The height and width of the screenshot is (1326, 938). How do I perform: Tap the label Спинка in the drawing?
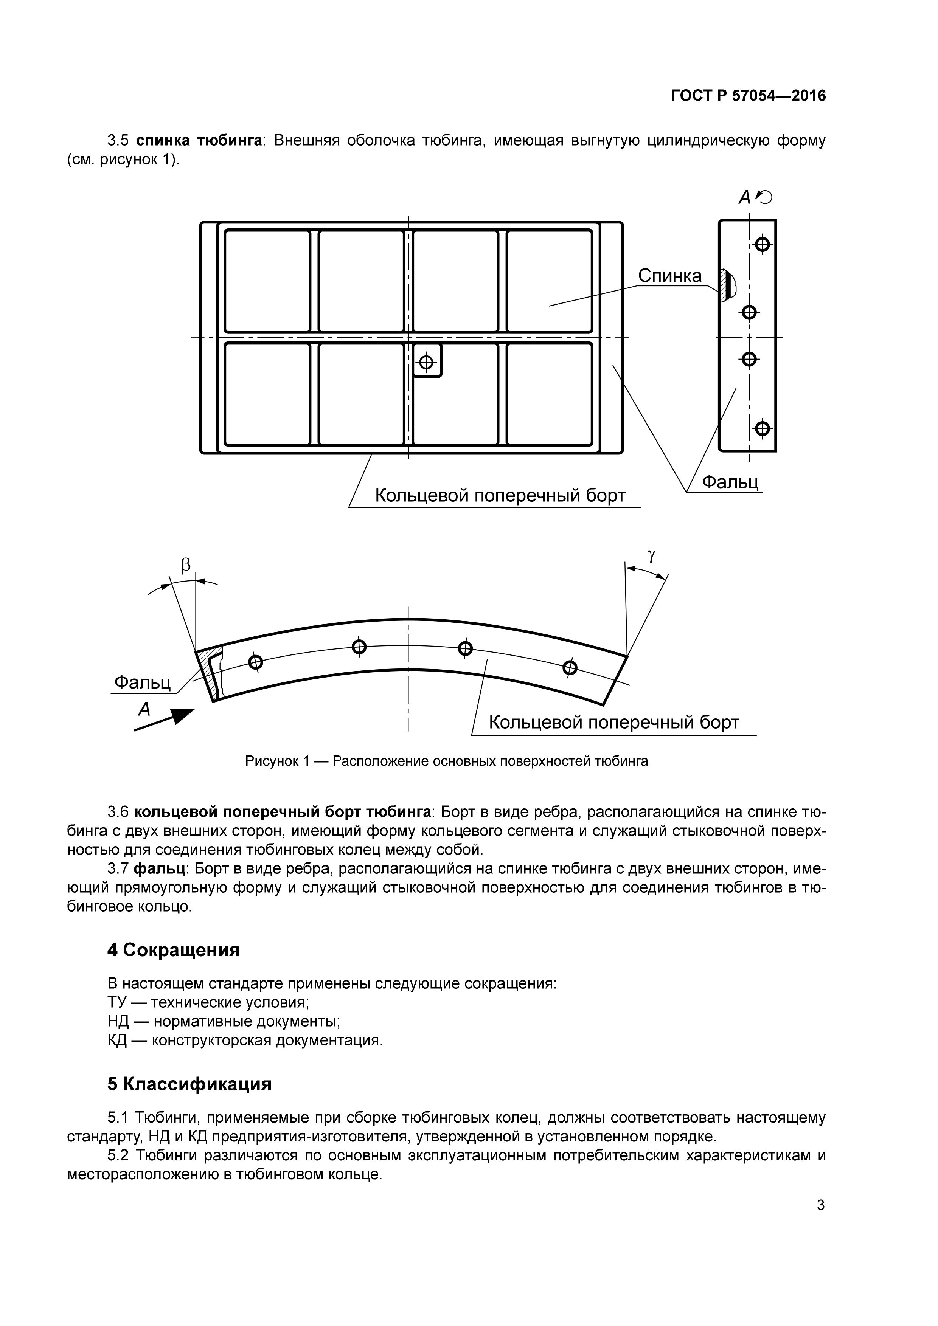click(x=669, y=276)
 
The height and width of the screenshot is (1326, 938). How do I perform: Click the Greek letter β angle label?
click(x=185, y=565)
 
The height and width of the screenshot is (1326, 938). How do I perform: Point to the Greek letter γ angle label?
click(x=652, y=555)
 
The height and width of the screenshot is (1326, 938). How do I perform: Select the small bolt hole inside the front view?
click(x=426, y=362)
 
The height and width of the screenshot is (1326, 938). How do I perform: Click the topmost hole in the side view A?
click(x=763, y=244)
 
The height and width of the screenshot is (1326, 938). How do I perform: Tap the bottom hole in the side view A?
click(x=763, y=428)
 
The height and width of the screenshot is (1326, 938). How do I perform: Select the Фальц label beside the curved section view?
click(x=143, y=682)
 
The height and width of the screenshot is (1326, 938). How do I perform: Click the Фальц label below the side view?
click(x=730, y=482)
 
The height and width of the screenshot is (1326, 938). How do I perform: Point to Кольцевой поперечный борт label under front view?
click(x=500, y=496)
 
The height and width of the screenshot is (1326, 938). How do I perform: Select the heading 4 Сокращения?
click(x=173, y=950)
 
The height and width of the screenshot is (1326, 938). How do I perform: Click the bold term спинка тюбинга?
click(x=199, y=140)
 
